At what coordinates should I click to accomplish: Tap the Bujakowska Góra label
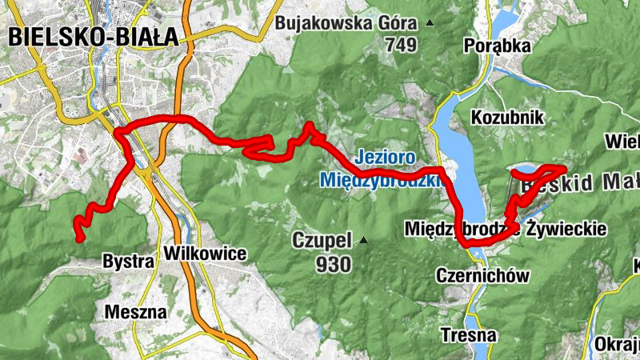coord(348,23)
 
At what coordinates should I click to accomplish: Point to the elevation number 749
coord(401,46)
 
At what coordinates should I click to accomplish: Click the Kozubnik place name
coord(507,118)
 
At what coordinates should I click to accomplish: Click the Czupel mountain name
coord(322,240)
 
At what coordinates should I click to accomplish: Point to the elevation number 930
coord(334,265)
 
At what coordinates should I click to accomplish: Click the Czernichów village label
coord(482,276)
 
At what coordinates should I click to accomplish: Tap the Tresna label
coord(468,334)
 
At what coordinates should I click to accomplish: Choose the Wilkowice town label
coord(205,254)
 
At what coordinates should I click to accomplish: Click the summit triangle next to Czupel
coord(364,240)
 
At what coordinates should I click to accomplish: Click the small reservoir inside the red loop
coord(523,170)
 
